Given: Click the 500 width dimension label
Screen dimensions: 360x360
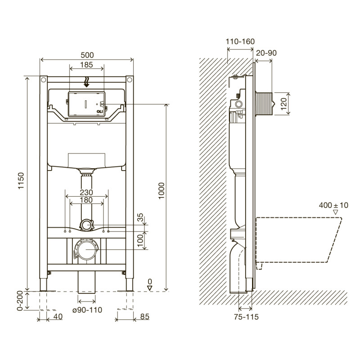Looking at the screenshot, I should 87,54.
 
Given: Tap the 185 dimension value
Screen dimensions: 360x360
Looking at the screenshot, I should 87,65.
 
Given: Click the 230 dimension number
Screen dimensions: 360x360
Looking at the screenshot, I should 86,192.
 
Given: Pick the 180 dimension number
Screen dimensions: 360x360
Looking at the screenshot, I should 86,200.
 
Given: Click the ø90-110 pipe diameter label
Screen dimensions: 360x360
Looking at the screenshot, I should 86,310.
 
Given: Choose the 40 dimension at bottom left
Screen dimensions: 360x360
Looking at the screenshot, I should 58,317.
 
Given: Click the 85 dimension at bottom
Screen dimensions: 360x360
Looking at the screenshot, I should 144,317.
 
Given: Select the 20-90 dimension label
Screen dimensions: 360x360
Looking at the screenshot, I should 266,53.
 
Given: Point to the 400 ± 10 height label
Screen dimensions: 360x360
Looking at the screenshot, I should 334,205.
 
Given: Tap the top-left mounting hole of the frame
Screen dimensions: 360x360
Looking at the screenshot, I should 44,80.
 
